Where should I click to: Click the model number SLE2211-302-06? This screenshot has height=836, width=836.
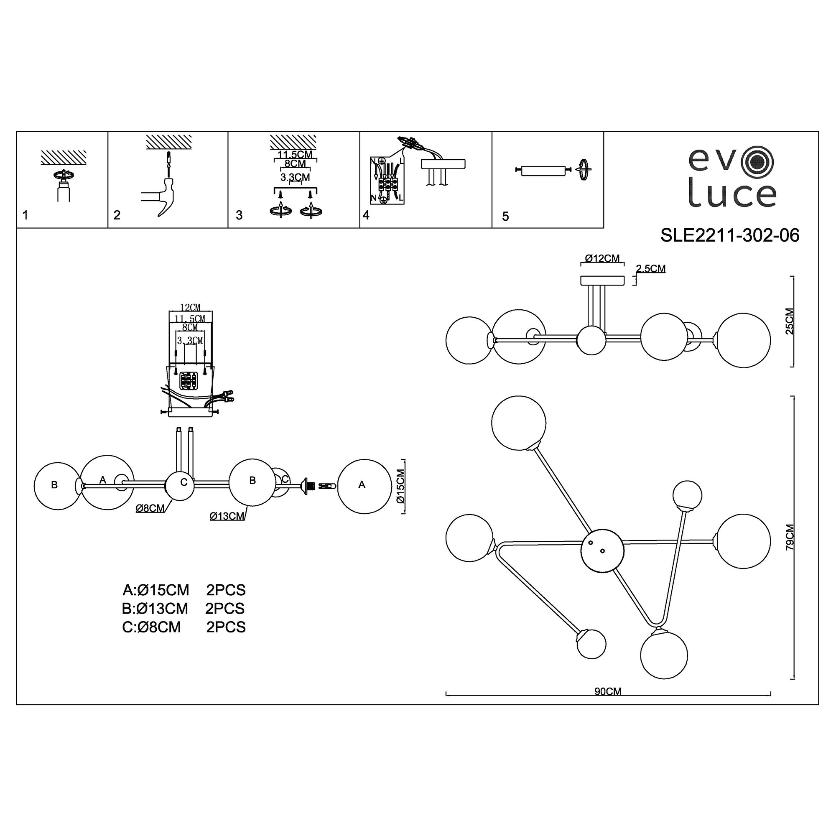(x=729, y=235)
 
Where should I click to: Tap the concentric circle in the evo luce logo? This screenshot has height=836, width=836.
(x=757, y=164)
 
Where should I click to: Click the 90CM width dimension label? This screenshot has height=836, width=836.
(x=608, y=691)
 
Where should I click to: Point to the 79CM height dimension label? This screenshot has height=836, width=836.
(x=790, y=537)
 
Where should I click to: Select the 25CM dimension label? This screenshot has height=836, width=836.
(x=790, y=321)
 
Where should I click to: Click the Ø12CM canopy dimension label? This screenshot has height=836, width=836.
(x=602, y=258)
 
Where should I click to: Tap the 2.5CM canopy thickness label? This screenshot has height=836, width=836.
(x=651, y=269)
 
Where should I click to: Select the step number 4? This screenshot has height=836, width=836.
(x=366, y=215)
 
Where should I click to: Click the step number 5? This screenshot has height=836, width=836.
(x=505, y=217)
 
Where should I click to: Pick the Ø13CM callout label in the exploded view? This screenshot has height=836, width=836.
(x=227, y=516)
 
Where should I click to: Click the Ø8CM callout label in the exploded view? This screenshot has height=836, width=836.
(x=150, y=508)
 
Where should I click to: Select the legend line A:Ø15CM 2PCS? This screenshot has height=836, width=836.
(x=184, y=590)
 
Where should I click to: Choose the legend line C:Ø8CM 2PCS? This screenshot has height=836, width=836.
(x=184, y=627)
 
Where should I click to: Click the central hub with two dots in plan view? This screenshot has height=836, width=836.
(x=602, y=551)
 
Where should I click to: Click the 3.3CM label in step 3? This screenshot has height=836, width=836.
(x=295, y=177)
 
